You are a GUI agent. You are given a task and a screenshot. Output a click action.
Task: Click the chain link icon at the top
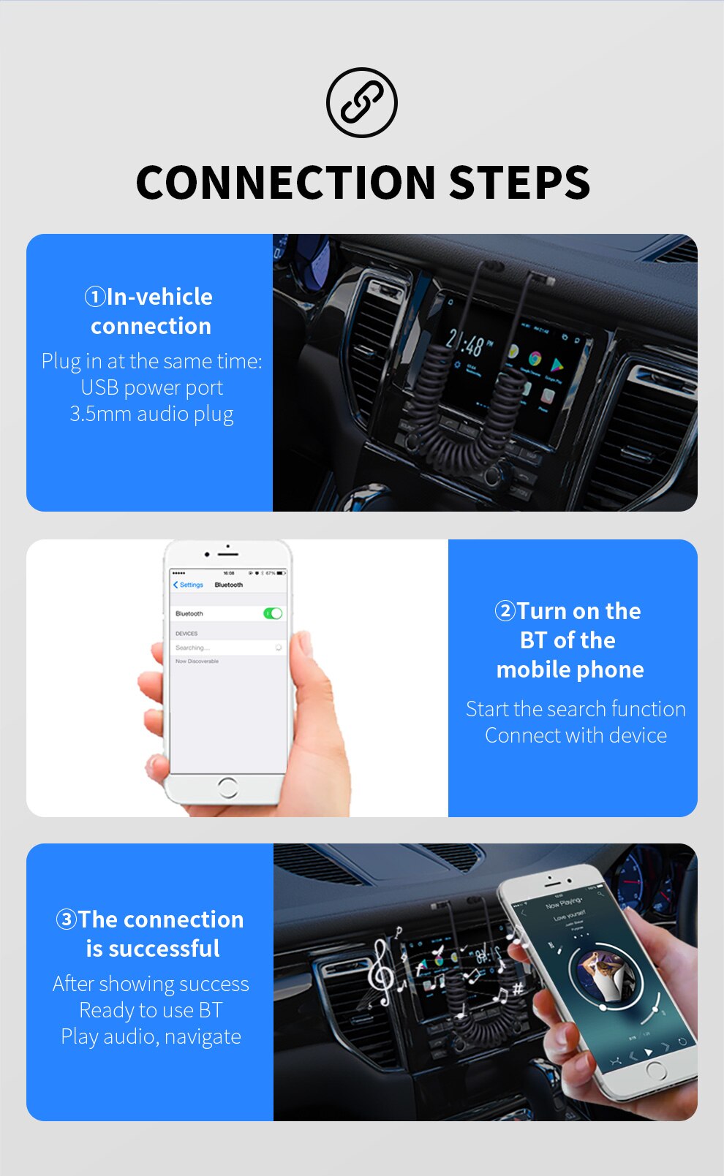(x=362, y=102)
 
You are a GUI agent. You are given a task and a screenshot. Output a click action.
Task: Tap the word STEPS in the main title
(x=519, y=183)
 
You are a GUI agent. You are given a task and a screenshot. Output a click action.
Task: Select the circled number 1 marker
(x=95, y=297)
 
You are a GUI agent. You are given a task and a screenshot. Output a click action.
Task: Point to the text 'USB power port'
(x=151, y=387)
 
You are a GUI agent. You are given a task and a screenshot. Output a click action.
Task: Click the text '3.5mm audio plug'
(x=151, y=414)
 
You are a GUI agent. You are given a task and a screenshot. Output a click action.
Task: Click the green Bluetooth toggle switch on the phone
(x=273, y=613)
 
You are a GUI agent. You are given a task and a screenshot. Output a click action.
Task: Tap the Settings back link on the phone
(x=189, y=585)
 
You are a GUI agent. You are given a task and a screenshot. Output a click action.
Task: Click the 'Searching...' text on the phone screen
(x=192, y=648)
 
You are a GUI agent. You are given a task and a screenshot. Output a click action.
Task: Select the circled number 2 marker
(x=505, y=611)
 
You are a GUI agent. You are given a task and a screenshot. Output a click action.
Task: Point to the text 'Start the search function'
(x=576, y=709)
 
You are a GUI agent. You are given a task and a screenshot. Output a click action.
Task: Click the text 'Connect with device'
(x=576, y=735)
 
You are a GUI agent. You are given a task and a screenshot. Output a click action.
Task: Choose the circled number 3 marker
(x=67, y=919)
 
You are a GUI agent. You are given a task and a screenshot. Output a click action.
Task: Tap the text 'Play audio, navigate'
(x=151, y=1036)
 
